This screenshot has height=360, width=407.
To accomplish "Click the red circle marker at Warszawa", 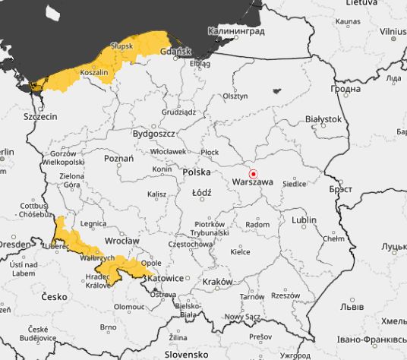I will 254,173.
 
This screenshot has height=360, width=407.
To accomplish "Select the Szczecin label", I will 41,117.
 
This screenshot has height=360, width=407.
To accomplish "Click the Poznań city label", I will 118,159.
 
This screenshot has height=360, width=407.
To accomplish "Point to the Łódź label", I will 201,192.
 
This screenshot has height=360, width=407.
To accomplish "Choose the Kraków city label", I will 217,281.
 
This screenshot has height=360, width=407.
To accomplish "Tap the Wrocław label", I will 122,241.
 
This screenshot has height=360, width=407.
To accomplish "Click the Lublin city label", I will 304,219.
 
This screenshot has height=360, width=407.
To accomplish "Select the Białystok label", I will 323,119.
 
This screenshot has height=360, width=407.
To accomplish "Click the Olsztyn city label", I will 235,96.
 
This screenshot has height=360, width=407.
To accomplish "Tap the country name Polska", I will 197,172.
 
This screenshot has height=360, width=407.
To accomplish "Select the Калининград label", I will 236,32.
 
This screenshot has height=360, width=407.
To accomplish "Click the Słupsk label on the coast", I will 121,46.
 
